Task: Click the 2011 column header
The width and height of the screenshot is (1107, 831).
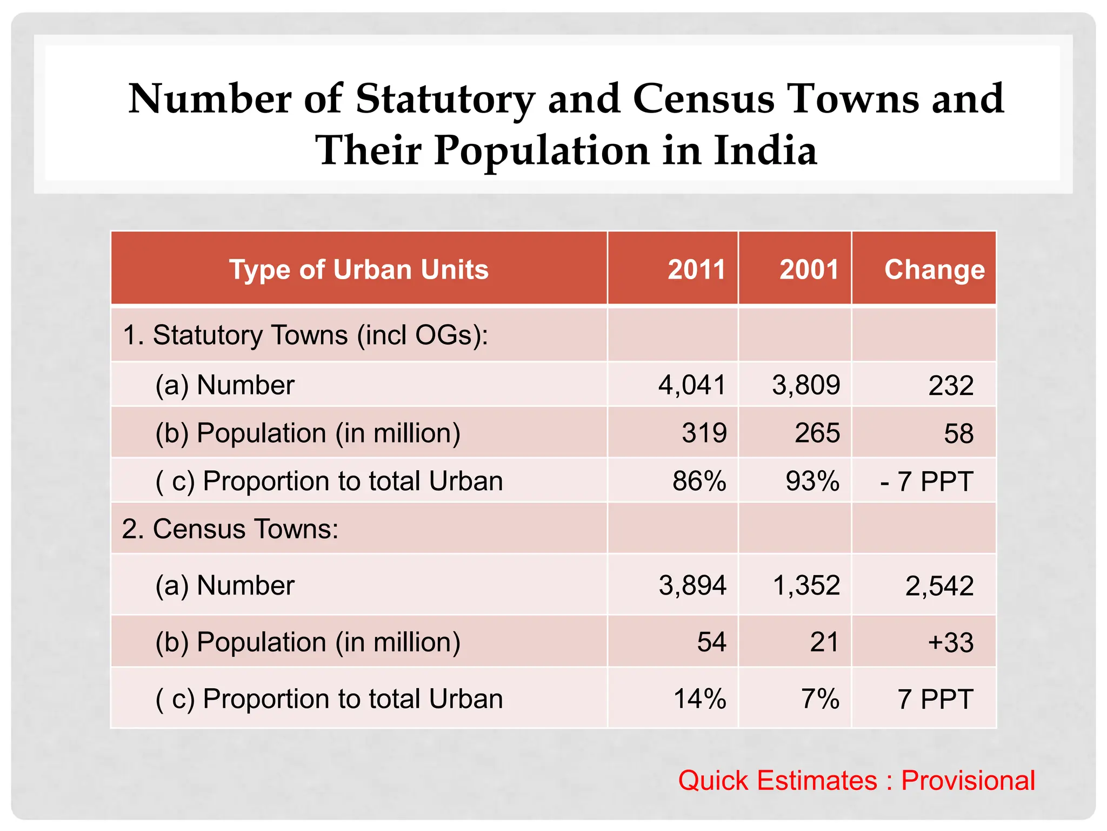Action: click(x=696, y=269)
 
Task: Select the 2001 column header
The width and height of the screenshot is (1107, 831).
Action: click(x=809, y=269)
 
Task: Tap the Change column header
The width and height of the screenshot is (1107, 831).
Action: click(x=934, y=269)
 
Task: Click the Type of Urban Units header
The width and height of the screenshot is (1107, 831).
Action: click(x=359, y=269)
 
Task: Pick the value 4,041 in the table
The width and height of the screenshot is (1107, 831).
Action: click(x=692, y=385)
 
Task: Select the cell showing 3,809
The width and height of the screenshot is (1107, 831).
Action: click(x=806, y=385)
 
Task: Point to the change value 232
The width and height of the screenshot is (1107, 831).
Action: click(x=951, y=386)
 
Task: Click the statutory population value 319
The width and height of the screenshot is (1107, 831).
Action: click(x=704, y=433)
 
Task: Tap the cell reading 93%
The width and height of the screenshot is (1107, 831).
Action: click(x=812, y=481)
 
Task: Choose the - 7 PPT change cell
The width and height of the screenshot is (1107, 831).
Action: click(x=926, y=481)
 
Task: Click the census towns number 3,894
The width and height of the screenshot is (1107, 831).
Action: click(x=692, y=585)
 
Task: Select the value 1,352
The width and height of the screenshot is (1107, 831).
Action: click(x=806, y=585)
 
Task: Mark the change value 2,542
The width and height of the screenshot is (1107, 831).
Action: click(x=939, y=586)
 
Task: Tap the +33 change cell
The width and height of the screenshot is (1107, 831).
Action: click(x=951, y=643)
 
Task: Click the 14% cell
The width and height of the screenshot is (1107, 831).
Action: click(x=699, y=698)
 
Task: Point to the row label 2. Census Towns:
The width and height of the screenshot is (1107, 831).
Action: click(x=230, y=529)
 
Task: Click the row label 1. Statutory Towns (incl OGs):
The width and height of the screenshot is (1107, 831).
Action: click(x=305, y=335)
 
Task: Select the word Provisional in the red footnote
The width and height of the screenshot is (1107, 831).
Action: click(x=968, y=781)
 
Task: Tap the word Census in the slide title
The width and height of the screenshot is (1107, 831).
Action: click(x=703, y=98)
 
